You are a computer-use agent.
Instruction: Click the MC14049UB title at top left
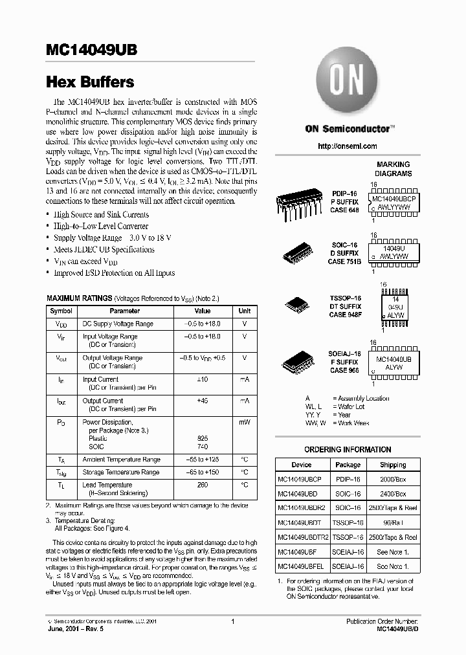click(91, 51)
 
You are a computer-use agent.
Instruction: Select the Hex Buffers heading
click(90, 82)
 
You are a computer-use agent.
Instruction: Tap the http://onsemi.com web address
click(348, 147)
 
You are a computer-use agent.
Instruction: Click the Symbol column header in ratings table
click(61, 311)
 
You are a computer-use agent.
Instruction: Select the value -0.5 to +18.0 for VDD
click(203, 324)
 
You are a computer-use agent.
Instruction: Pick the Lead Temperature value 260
click(203, 485)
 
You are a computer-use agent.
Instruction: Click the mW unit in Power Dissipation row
click(245, 421)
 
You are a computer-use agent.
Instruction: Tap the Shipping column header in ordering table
click(393, 465)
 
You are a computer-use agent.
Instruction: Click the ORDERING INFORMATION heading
click(348, 449)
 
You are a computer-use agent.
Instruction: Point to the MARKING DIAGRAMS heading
click(393, 169)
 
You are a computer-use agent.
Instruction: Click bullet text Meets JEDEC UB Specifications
click(104, 250)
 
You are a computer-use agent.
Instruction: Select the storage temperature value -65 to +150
click(203, 472)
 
